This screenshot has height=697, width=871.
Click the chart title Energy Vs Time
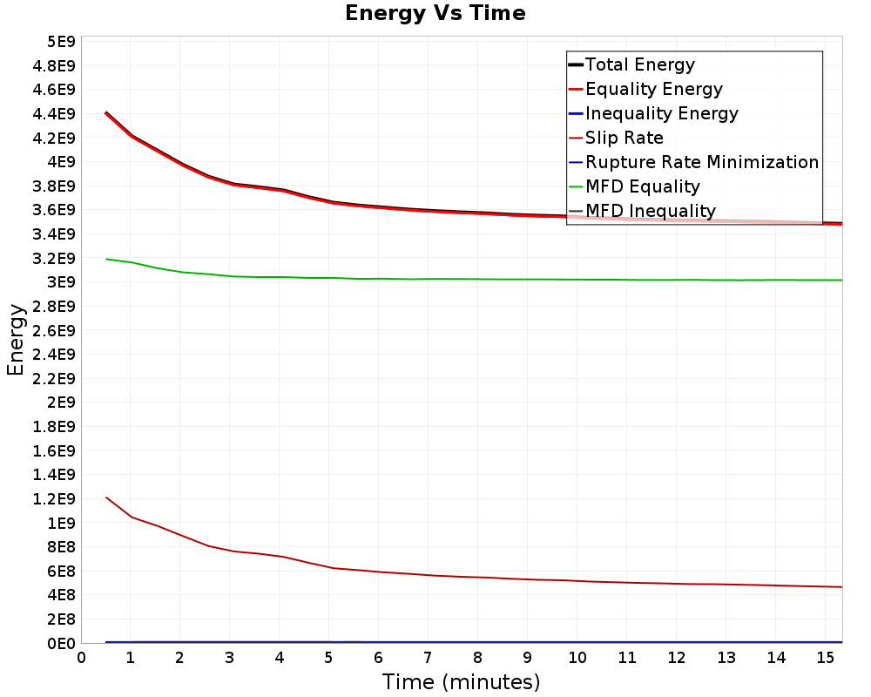click(x=435, y=13)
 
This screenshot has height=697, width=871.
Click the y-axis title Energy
click(x=16, y=340)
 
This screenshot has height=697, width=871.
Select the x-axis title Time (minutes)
click(x=461, y=681)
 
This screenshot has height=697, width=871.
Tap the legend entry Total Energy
click(x=640, y=64)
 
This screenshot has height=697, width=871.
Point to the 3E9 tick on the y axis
click(x=61, y=282)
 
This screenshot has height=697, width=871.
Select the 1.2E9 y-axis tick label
click(x=54, y=499)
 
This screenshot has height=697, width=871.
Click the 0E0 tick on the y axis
click(x=61, y=644)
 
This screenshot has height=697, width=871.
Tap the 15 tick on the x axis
click(x=826, y=658)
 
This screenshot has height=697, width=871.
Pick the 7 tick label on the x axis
click(x=428, y=658)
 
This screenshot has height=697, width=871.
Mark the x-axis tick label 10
click(x=577, y=658)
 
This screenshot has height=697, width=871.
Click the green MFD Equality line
click(x=474, y=279)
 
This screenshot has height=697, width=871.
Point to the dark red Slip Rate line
click(x=474, y=577)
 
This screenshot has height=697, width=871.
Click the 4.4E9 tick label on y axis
click(x=54, y=114)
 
